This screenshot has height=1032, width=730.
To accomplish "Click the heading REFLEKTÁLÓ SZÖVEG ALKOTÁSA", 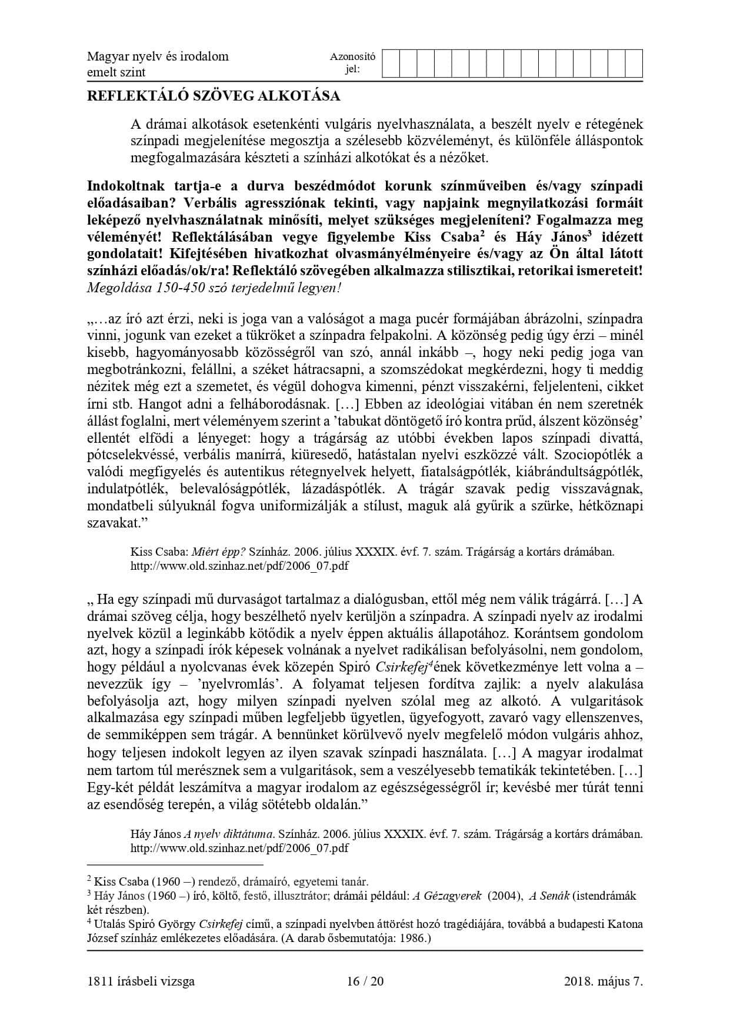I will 213,95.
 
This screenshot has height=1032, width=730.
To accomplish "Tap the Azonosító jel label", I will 352,64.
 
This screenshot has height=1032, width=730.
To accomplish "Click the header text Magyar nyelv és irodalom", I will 158,56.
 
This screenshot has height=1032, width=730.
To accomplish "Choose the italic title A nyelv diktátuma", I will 229,834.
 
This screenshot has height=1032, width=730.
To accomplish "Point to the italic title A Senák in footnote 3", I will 549,896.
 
